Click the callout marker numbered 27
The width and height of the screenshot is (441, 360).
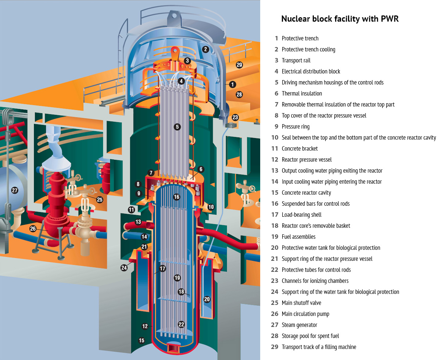(x=15, y=190)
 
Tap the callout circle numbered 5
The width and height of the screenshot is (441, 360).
(x=178, y=127)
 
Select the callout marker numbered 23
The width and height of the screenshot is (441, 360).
(x=235, y=118)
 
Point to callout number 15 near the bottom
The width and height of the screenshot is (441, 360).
(x=141, y=341)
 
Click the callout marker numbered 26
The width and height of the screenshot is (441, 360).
(x=33, y=228)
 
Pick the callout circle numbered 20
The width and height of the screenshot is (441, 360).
(x=207, y=299)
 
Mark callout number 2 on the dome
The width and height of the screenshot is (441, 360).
(x=205, y=49)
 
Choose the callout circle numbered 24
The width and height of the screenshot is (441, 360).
(x=124, y=268)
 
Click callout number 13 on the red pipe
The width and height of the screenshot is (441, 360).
(x=138, y=222)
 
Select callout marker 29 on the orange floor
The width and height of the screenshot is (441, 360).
(x=239, y=65)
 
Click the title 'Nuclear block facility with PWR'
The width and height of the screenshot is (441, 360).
(x=340, y=19)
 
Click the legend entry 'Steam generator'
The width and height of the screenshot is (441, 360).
(x=299, y=325)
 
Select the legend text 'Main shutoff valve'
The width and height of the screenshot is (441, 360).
(x=301, y=303)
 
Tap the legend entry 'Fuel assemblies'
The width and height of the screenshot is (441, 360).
(x=298, y=237)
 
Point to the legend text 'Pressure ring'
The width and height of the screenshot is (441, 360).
(x=295, y=126)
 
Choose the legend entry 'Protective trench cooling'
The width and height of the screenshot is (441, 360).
(x=308, y=49)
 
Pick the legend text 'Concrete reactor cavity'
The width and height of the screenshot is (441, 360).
(x=306, y=192)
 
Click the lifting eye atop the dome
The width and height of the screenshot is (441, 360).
(x=172, y=15)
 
